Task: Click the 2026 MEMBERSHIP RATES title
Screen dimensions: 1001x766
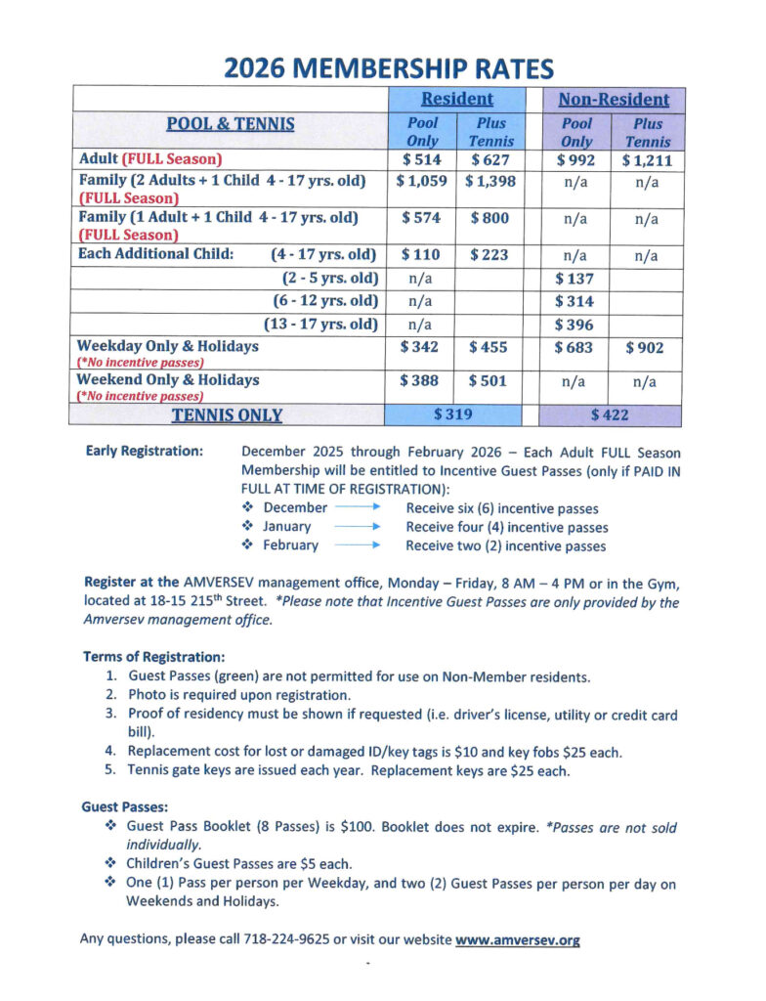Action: point(388,68)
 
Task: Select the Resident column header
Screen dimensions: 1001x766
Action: point(456,100)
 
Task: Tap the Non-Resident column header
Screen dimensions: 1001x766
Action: point(614,100)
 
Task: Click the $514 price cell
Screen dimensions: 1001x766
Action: point(423,160)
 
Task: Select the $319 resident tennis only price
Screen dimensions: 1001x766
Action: point(452,414)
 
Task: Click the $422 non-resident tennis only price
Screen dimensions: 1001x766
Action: point(610,414)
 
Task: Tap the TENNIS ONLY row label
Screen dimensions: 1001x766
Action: point(227,415)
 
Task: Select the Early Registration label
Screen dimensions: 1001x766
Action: point(145,453)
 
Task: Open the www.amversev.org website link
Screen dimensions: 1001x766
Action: point(518,940)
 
